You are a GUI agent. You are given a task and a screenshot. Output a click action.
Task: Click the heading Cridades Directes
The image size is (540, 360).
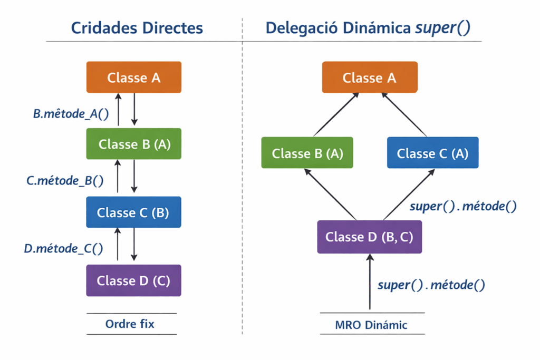tap(137, 28)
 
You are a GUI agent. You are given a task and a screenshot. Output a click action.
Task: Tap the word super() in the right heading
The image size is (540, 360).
tap(442, 28)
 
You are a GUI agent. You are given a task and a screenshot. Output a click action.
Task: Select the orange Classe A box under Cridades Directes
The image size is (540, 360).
tap(134, 77)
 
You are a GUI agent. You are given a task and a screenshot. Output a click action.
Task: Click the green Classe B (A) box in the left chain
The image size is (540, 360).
tap(134, 143)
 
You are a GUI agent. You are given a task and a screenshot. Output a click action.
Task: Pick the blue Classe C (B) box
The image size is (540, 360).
tap(133, 212)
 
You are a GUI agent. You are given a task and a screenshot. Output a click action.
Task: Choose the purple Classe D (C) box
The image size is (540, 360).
tap(133, 280)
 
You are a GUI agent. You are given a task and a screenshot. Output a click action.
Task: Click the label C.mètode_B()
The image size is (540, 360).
tap(65, 180)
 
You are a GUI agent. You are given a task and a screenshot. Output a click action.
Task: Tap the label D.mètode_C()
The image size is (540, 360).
tap(63, 248)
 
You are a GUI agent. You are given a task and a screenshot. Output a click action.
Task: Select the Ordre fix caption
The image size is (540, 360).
tap(130, 324)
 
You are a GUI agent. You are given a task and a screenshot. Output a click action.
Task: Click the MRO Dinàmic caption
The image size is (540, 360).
tap(371, 325)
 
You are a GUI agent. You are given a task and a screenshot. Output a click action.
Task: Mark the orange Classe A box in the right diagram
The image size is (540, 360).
tap(370, 77)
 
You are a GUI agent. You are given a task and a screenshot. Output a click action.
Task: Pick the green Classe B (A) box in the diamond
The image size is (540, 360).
tap(307, 153)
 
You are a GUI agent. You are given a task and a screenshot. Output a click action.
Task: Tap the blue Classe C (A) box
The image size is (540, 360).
tap(432, 153)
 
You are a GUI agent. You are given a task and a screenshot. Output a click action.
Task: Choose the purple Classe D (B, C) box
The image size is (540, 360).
tap(369, 237)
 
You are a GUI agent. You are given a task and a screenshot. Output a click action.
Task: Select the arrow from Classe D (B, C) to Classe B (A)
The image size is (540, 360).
tap(331, 194)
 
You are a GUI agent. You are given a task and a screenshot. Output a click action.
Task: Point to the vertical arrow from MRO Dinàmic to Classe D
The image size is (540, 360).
tap(370, 281)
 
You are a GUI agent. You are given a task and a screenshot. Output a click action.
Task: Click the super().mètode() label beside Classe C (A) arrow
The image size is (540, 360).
tap(462, 206)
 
